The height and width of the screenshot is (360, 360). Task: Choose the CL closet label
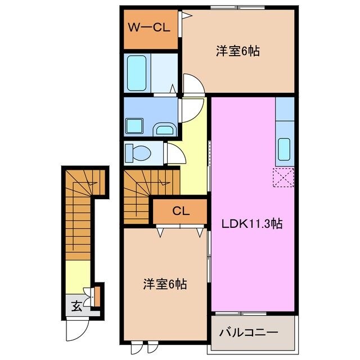pos(180,211)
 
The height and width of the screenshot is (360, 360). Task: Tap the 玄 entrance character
pos(75,307)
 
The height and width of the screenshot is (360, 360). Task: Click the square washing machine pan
pos(135,124)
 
